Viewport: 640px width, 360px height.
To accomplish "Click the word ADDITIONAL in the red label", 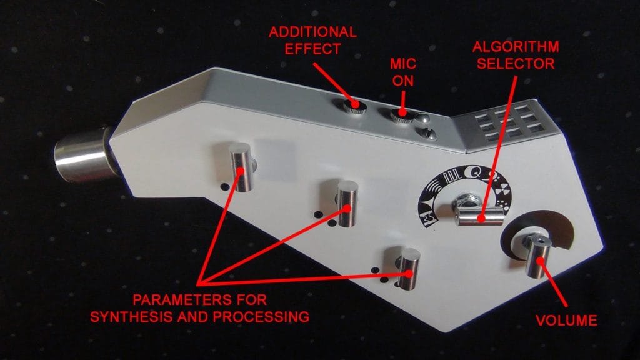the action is tap(312, 32).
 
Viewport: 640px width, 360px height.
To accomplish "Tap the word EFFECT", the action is tap(312, 49).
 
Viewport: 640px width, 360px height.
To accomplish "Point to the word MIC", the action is tap(403, 64).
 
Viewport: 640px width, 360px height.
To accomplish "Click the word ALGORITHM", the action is tap(516, 46).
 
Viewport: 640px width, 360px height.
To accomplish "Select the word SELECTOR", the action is tap(516, 64).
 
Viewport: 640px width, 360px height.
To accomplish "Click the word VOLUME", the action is tap(566, 321).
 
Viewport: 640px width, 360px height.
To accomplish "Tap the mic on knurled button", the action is tap(402, 115).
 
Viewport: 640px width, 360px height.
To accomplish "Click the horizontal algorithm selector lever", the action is tap(479, 216).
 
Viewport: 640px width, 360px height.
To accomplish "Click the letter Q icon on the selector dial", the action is tap(475, 173).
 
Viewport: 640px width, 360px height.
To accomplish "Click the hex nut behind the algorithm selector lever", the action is tap(468, 201).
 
